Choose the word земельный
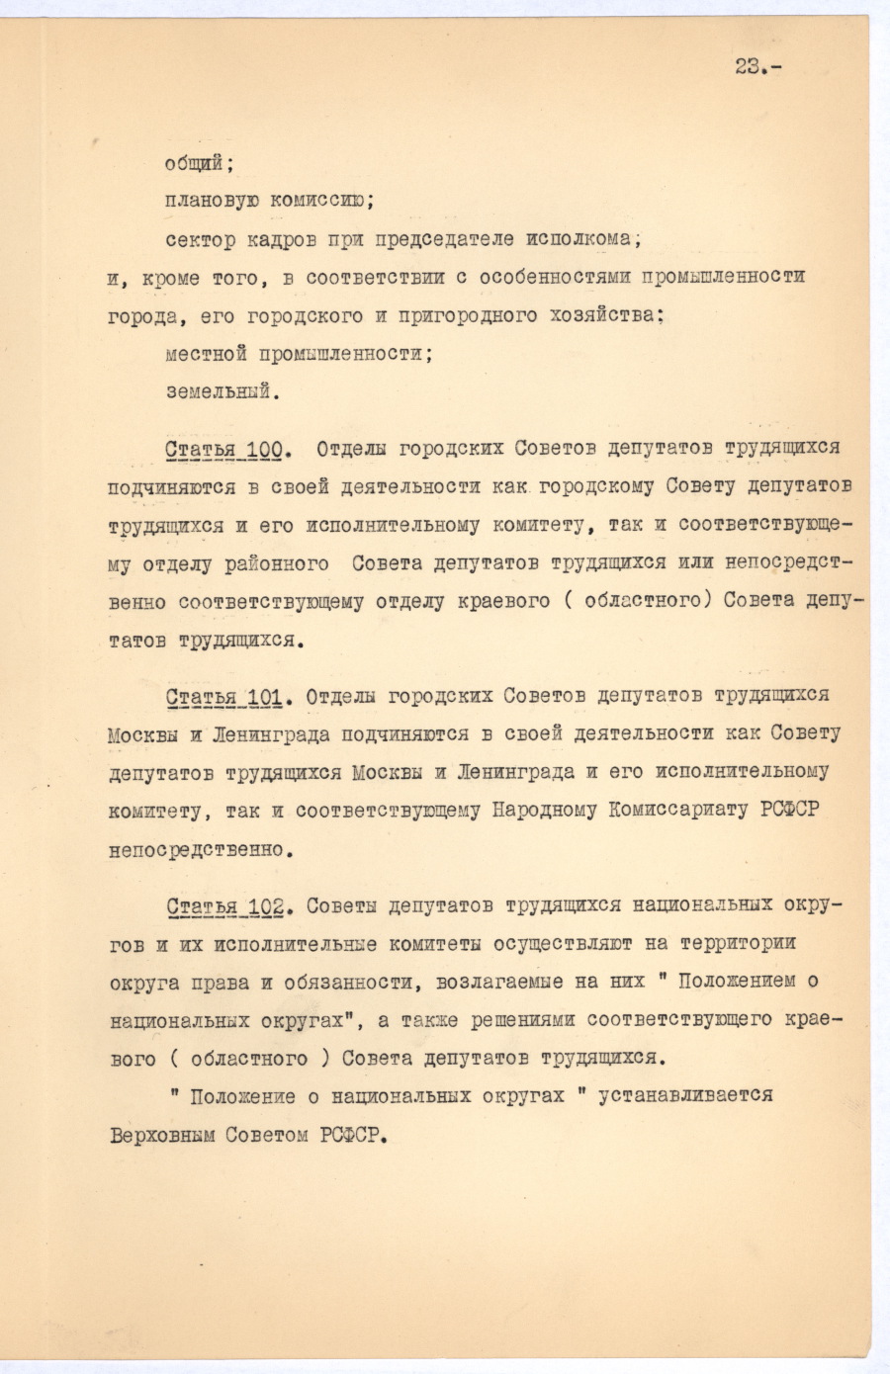[x=222, y=391]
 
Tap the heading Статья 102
[x=226, y=906]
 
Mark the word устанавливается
[x=685, y=1096]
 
